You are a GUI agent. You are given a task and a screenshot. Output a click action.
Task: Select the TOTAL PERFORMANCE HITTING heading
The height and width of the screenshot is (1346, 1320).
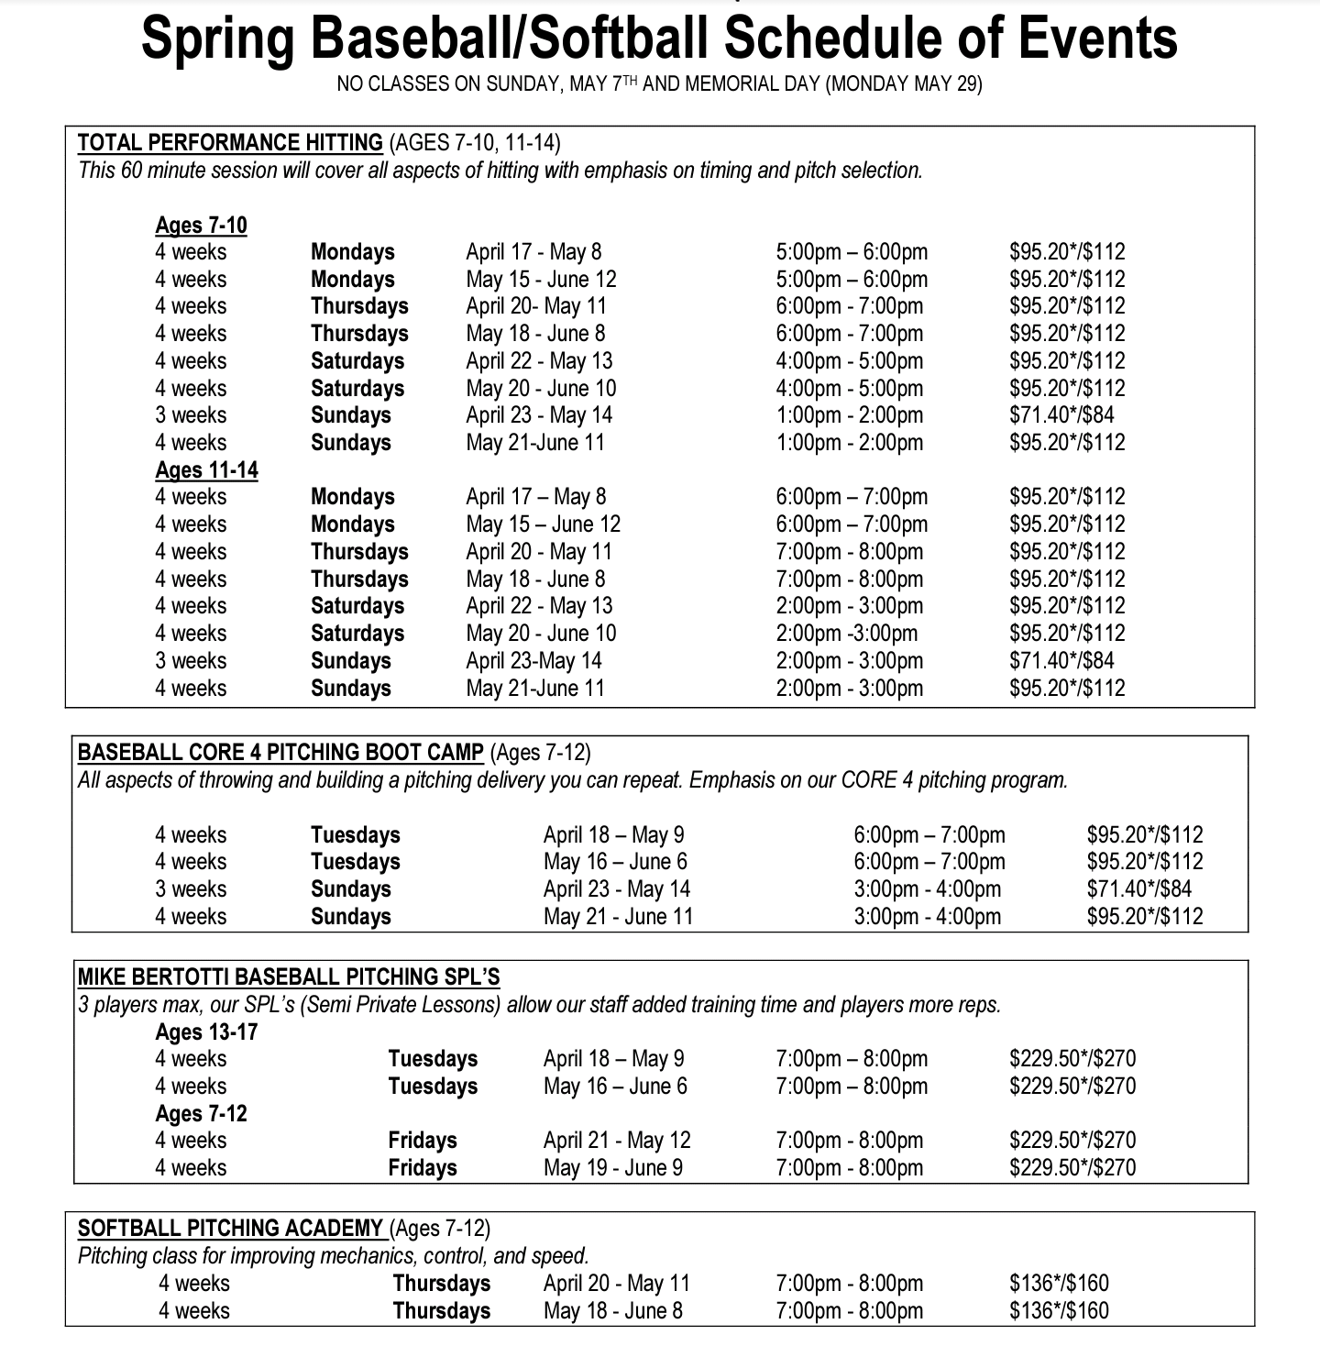(230, 143)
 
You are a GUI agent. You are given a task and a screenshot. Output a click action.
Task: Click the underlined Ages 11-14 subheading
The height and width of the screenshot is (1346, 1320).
(206, 470)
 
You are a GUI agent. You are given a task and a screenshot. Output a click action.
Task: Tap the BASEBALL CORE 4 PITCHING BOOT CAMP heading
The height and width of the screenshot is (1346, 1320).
(280, 753)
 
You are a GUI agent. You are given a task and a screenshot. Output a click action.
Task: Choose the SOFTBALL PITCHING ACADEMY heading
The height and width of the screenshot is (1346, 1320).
(230, 1229)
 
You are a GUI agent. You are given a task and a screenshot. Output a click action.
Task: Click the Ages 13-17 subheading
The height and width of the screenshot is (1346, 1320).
(206, 1032)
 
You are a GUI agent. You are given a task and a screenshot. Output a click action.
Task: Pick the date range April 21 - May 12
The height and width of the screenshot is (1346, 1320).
(616, 1141)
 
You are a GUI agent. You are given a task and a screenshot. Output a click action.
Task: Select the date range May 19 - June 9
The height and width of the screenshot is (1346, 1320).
(612, 1168)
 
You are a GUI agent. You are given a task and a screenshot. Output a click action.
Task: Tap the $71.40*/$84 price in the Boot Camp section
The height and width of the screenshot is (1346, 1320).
(1139, 889)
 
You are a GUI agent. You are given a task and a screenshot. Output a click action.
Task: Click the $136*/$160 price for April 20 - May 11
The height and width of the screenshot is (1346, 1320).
(1059, 1284)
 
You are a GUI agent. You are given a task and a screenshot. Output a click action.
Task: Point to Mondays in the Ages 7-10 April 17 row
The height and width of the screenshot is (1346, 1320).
(352, 252)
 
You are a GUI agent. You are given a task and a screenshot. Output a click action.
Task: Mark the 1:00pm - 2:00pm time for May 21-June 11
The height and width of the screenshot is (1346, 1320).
(849, 443)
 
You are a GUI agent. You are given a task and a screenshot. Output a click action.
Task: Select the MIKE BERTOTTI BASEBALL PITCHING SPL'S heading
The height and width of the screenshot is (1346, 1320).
(289, 977)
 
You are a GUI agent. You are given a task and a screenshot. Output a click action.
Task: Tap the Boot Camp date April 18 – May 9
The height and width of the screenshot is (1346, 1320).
(613, 835)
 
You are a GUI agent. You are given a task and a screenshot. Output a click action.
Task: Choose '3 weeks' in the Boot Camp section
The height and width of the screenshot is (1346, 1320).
(191, 889)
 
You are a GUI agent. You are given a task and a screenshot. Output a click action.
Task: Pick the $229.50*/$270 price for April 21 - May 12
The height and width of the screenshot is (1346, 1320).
(1072, 1141)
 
